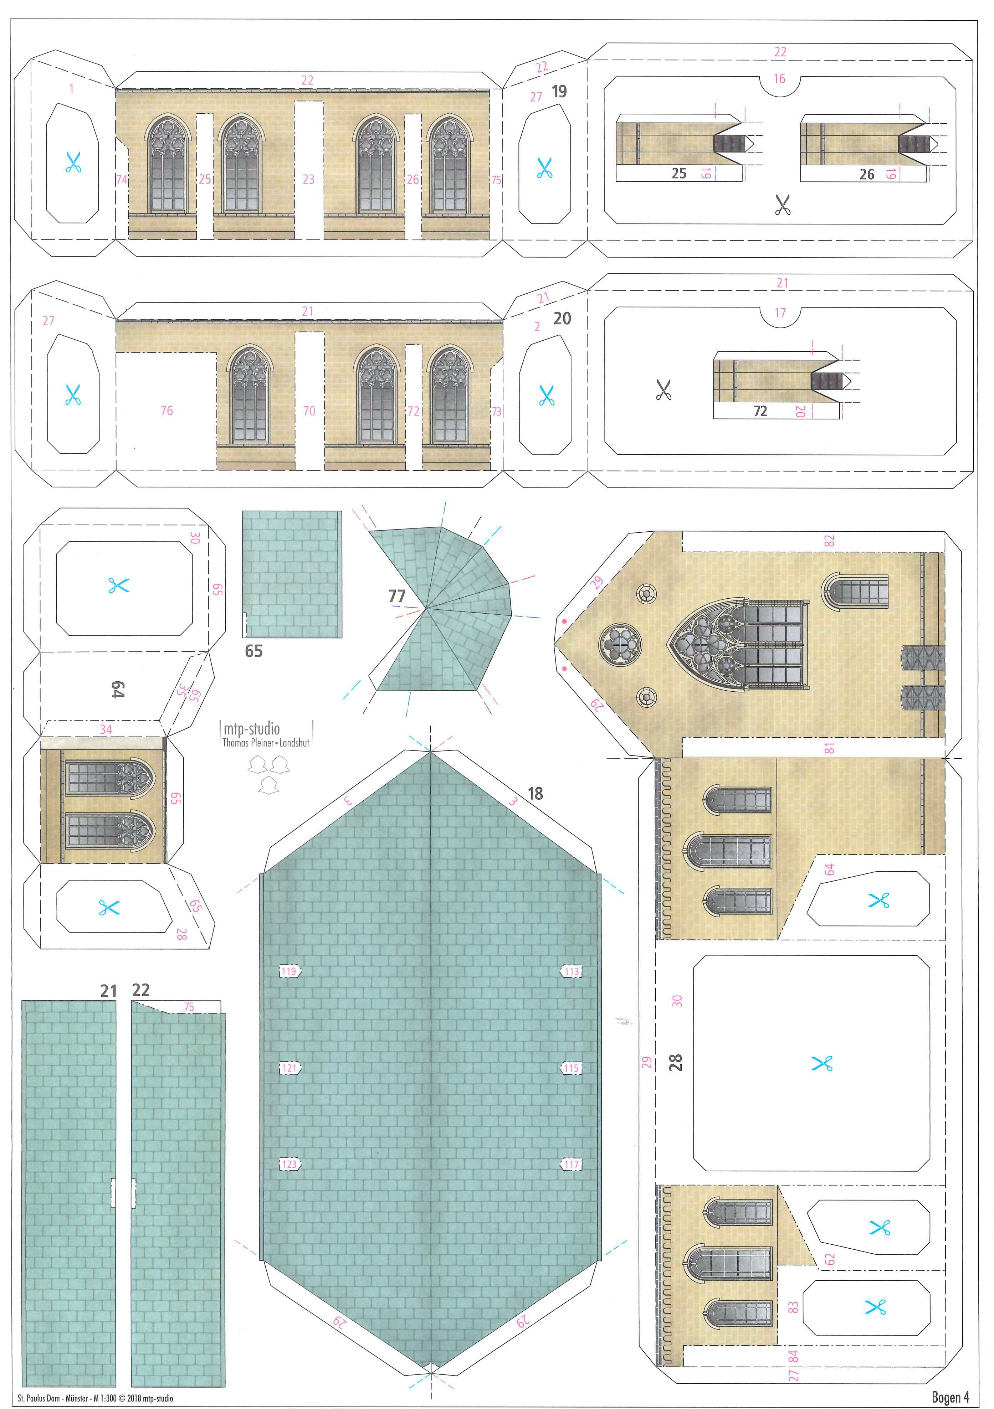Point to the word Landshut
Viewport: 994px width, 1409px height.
click(x=295, y=743)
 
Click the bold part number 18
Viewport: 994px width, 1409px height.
click(x=536, y=794)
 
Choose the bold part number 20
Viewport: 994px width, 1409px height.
click(x=562, y=319)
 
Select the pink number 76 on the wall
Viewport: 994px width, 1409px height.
click(x=166, y=411)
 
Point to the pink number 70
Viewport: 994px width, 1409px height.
click(x=309, y=411)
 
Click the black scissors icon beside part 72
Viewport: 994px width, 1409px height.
click(x=663, y=389)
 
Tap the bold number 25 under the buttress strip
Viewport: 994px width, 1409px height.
click(x=678, y=174)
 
